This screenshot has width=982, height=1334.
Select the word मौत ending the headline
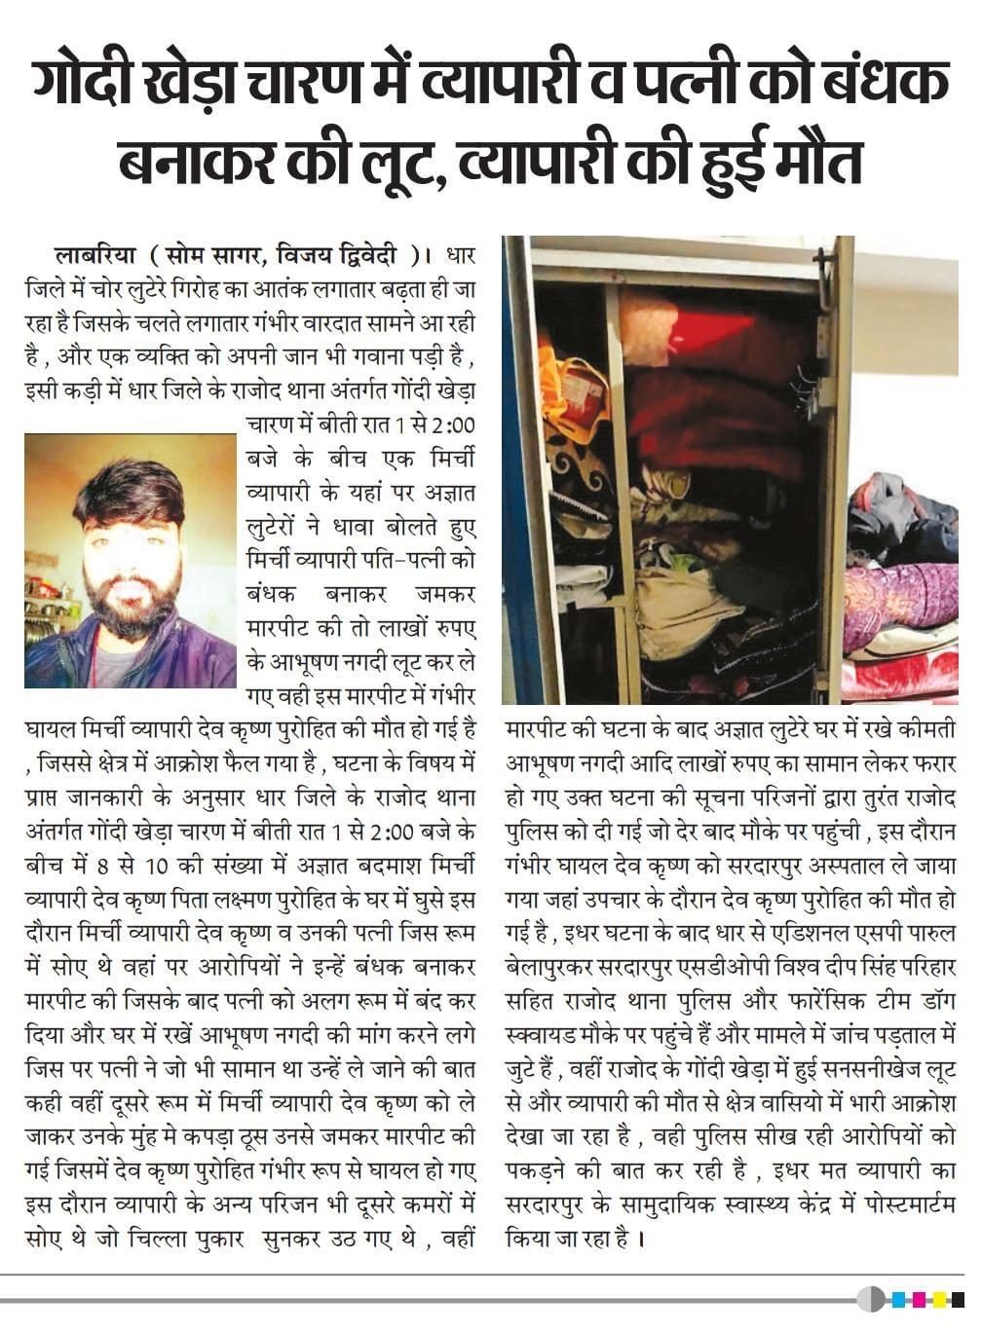click(x=812, y=163)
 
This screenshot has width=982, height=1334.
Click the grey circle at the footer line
click(x=871, y=1299)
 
